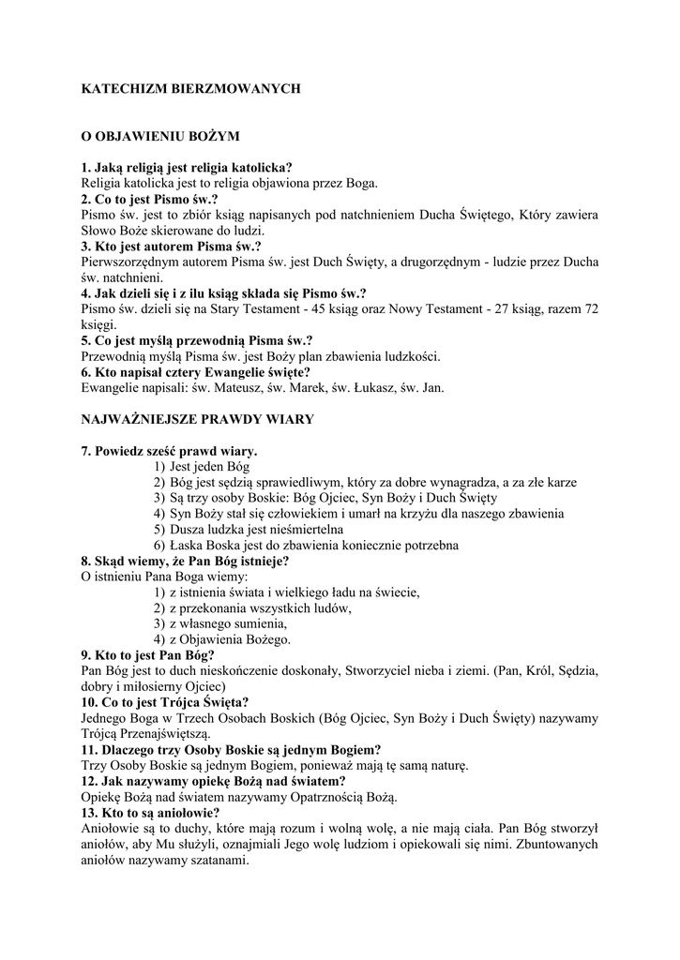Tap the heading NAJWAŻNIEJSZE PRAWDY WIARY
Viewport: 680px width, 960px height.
(x=197, y=419)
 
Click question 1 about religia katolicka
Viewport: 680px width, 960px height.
(x=187, y=168)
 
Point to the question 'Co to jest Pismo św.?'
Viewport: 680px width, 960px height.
(x=150, y=200)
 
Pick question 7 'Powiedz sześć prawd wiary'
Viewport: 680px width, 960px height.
(x=170, y=451)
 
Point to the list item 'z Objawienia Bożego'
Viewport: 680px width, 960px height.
(x=229, y=639)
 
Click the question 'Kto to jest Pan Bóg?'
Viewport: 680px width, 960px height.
(x=148, y=654)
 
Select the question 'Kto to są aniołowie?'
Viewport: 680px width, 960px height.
(x=151, y=812)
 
